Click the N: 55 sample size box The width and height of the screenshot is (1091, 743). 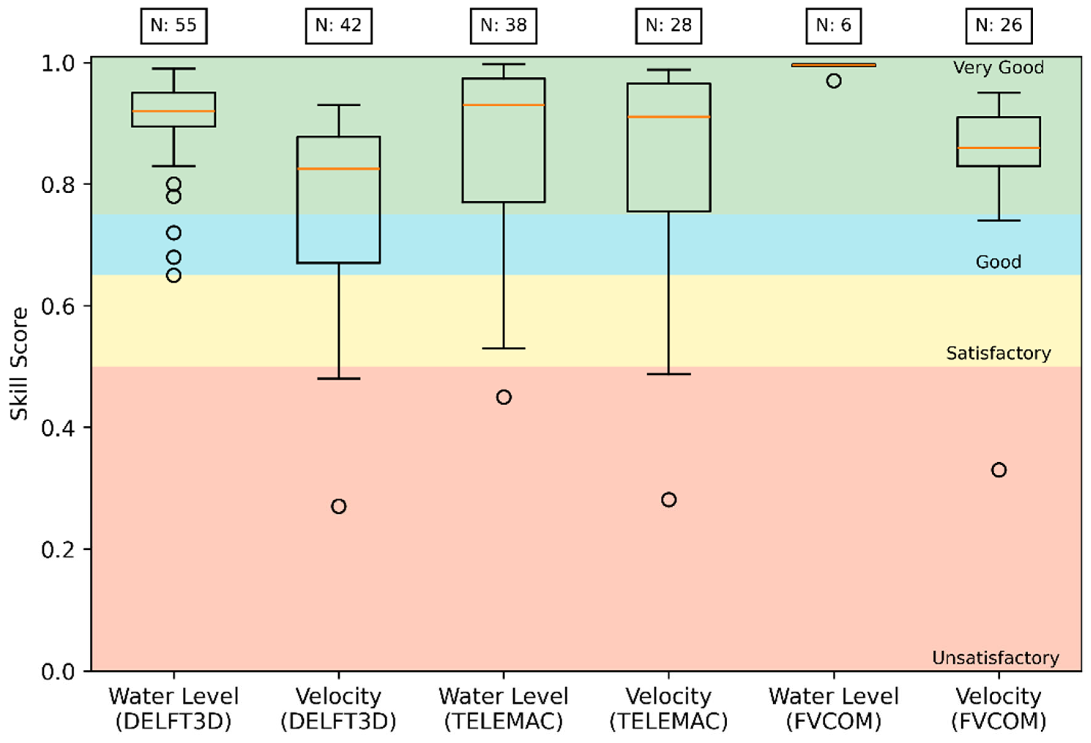pyautogui.click(x=174, y=26)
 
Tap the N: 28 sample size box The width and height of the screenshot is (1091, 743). pyautogui.click(x=668, y=26)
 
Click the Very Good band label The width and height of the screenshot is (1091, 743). pyautogui.click(x=998, y=68)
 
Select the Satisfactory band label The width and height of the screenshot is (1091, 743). pyautogui.click(x=998, y=353)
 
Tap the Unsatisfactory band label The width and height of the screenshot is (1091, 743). pyautogui.click(x=995, y=658)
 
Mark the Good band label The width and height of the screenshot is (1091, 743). pyautogui.click(x=998, y=262)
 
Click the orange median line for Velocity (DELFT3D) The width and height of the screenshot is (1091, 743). pyautogui.click(x=339, y=168)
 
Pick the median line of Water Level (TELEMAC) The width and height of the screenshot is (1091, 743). pyautogui.click(x=504, y=105)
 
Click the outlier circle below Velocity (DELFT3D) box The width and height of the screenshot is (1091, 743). pyautogui.click(x=339, y=506)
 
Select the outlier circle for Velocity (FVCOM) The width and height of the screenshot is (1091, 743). pyautogui.click(x=999, y=470)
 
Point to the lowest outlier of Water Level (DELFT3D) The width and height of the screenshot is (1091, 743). pyautogui.click(x=174, y=275)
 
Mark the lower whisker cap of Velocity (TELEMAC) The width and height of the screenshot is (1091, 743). pyautogui.click(x=668, y=374)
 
